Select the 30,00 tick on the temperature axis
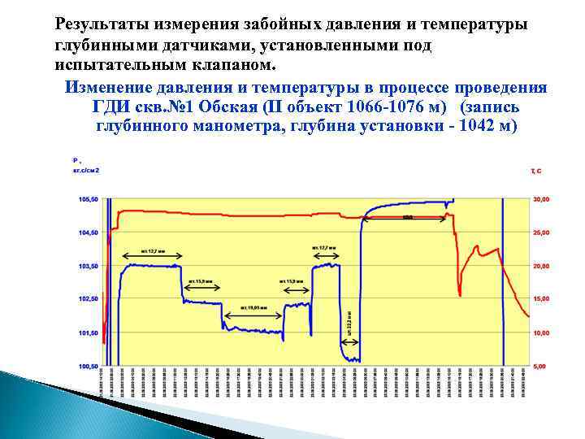click(x=541, y=199)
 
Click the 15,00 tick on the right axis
click(x=541, y=299)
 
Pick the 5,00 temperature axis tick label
click(x=541, y=367)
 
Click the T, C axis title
click(x=536, y=172)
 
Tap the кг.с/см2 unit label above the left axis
click(x=84, y=171)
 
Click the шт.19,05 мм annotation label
click(x=253, y=308)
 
